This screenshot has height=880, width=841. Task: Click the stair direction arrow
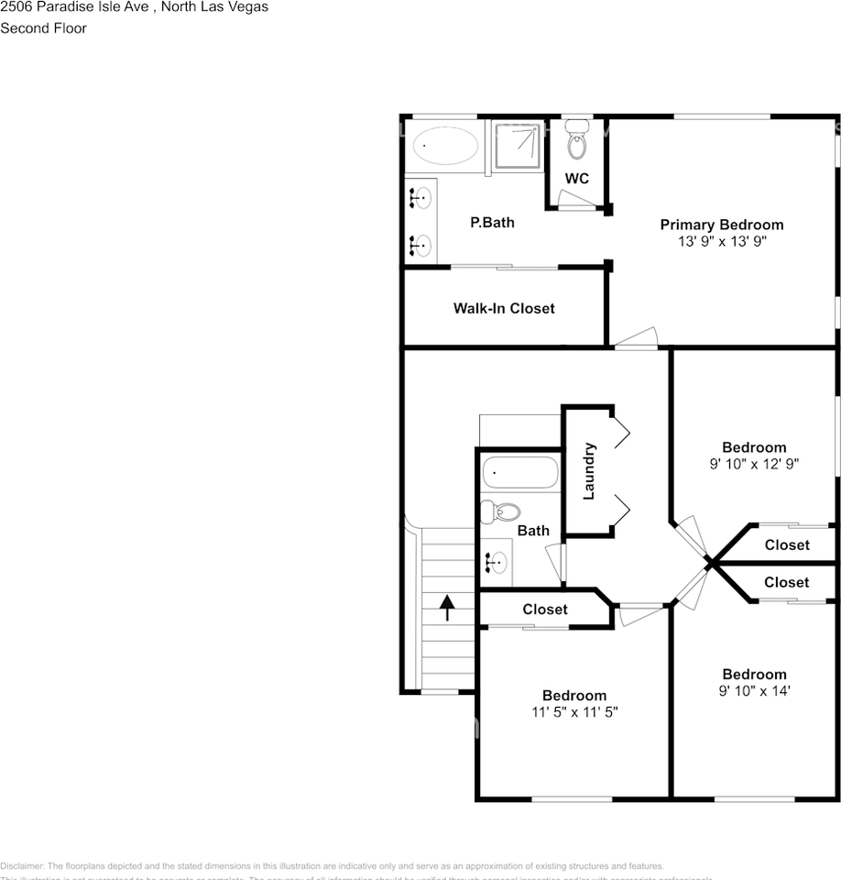[447, 607]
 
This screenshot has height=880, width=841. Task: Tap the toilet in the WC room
[576, 142]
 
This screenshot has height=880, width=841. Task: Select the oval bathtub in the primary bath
[445, 146]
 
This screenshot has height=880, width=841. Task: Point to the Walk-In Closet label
[504, 308]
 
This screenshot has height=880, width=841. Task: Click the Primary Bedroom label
[722, 225]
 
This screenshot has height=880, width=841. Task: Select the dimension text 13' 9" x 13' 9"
[722, 242]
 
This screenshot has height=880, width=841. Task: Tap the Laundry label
[589, 471]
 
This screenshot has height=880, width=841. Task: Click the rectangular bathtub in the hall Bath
[519, 473]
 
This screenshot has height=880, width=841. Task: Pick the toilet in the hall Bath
[501, 511]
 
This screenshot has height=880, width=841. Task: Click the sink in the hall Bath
[497, 560]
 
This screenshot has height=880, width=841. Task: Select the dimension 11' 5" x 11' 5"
[573, 712]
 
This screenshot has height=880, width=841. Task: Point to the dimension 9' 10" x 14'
[754, 691]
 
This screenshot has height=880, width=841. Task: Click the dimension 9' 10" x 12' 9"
[754, 465]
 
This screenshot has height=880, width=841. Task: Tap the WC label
[576, 178]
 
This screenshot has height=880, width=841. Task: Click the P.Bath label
[492, 222]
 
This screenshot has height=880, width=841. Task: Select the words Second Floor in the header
[43, 28]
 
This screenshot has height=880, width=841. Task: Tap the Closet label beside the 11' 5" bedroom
[545, 609]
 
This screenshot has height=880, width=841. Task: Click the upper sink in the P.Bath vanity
[421, 196]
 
